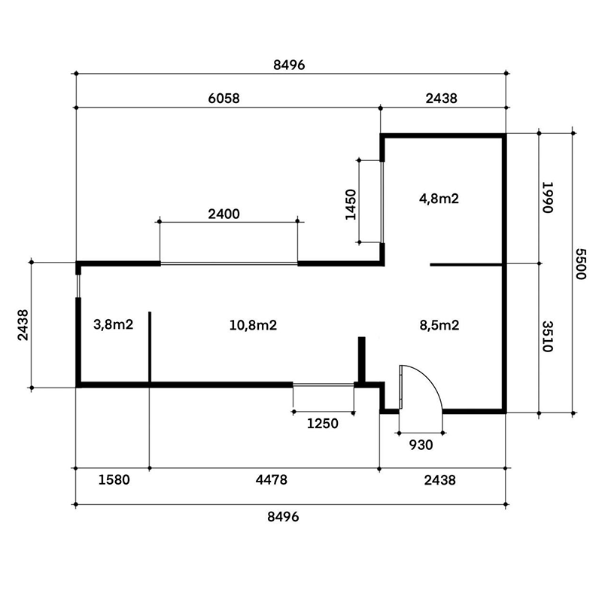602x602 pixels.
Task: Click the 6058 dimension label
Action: coord(223,99)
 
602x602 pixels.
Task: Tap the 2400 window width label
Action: coord(223,214)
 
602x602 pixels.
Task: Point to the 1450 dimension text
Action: coord(351,205)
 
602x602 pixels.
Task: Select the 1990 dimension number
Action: coord(547,197)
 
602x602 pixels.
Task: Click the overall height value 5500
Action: coord(581,264)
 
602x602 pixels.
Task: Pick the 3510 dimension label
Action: coord(547,336)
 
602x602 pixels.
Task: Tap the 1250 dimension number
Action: coord(323,424)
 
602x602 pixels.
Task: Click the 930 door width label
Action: coord(421,445)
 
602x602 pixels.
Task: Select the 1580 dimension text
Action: coord(114,479)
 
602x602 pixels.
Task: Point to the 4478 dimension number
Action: coord(272,479)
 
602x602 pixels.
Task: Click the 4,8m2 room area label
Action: coord(439,199)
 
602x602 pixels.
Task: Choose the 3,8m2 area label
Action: coord(114,324)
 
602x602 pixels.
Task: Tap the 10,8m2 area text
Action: coord(253,325)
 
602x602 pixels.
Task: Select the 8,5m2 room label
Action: coord(439,325)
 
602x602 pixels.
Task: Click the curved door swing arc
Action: coord(430,378)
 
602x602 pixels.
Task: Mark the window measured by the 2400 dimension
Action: coord(229,263)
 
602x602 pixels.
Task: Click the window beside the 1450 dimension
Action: coord(382,202)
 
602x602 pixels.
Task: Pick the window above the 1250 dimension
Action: coord(324,384)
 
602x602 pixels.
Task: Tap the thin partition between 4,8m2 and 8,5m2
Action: coord(466,265)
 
